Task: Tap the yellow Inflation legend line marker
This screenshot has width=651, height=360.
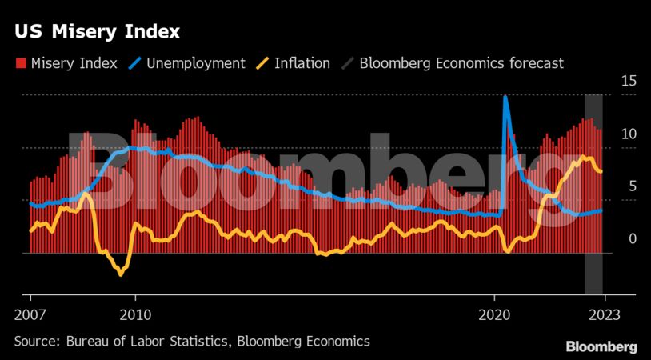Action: point(266,63)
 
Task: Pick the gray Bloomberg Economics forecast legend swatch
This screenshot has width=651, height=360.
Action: point(349,63)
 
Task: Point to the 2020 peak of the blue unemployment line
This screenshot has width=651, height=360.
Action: point(505,97)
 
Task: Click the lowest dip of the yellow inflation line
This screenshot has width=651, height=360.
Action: point(121,274)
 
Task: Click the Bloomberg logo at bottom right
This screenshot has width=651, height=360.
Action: point(601,346)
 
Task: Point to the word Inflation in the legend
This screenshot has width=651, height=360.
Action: point(302,63)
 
